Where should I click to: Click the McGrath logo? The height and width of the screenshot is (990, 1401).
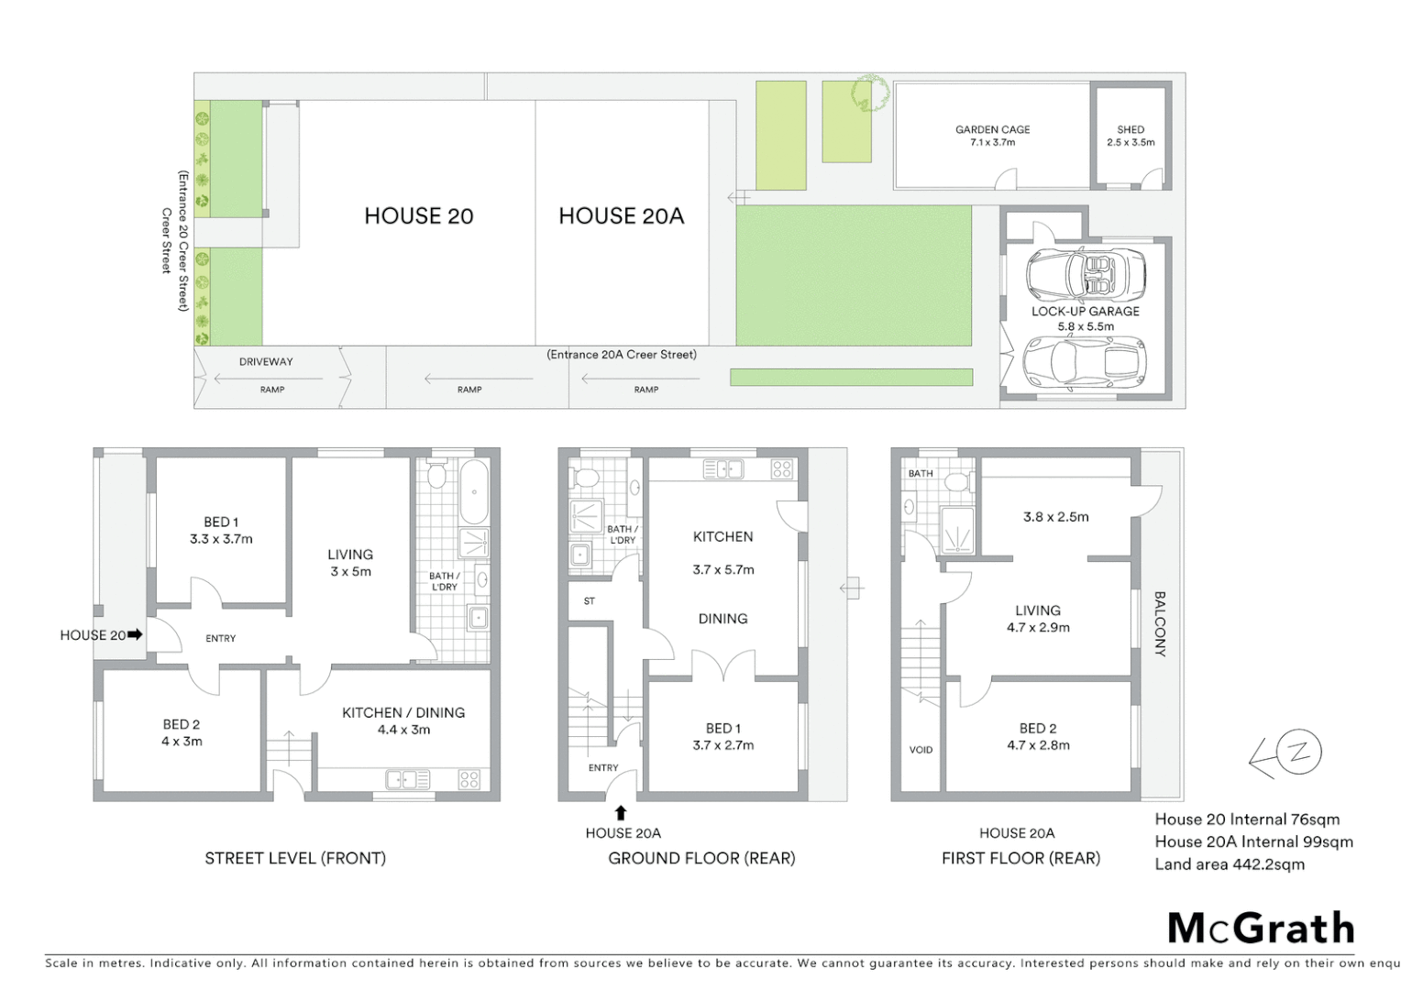coord(1261,929)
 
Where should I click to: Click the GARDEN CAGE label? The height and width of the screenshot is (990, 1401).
coord(992,136)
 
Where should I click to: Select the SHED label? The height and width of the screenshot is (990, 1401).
coord(1131,136)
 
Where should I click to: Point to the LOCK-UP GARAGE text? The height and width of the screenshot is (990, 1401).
coord(1086,312)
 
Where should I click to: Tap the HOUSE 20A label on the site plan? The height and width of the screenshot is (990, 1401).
coord(621,216)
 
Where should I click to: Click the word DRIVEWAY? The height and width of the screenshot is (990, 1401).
coord(266,362)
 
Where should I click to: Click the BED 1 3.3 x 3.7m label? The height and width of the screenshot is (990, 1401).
coord(221,531)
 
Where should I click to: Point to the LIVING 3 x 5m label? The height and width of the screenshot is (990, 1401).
coord(350,563)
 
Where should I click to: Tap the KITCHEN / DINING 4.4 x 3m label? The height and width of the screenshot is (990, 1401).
coord(403,720)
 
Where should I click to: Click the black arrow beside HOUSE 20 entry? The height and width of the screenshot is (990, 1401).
coord(135,633)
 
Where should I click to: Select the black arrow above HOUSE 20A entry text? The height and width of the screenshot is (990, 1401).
coord(621,812)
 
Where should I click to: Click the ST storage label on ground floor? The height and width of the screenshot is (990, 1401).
coord(589,601)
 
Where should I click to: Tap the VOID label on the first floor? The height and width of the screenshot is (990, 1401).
coord(921,750)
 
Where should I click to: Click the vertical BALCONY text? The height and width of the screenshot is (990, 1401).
coord(1159,623)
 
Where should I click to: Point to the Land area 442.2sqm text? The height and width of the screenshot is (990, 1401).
coord(1229,864)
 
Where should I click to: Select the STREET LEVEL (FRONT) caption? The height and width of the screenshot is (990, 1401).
coord(295,858)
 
